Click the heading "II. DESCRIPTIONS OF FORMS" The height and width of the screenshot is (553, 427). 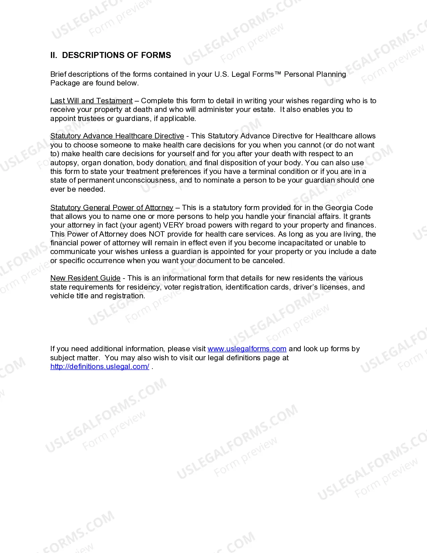(111, 55)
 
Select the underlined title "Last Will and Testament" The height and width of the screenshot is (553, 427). (91, 101)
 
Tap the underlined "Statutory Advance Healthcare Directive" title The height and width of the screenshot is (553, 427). (117, 136)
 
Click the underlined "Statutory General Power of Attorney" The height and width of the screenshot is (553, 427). (112, 208)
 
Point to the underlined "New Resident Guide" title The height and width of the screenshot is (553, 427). (85, 278)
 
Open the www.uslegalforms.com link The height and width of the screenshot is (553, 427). (247, 349)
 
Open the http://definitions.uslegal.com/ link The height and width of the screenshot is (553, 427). (100, 367)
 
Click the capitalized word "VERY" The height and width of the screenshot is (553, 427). (173, 225)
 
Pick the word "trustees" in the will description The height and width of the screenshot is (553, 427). (91, 119)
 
